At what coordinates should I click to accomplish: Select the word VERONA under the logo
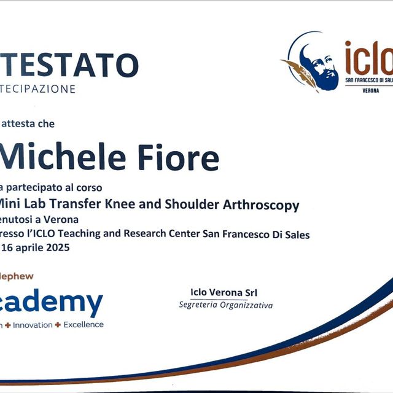pyautogui.click(x=370, y=90)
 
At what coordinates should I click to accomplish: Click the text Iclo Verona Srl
pyautogui.click(x=219, y=292)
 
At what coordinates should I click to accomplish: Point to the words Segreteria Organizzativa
pyautogui.click(x=225, y=305)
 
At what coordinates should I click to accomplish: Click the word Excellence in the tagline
pyautogui.click(x=84, y=324)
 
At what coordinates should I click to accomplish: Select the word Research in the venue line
pyautogui.click(x=144, y=234)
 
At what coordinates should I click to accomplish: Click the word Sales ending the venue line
pyautogui.click(x=297, y=234)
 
